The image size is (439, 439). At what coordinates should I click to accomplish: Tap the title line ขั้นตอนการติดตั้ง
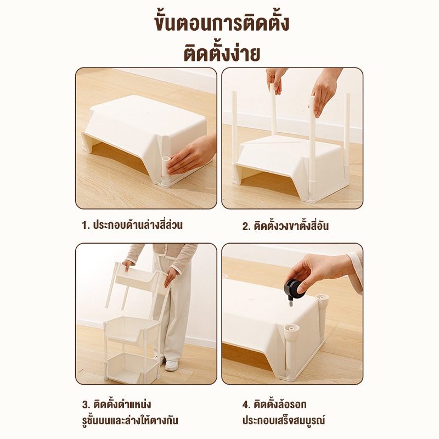pos(222,23)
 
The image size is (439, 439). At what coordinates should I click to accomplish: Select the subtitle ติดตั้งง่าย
pos(222,53)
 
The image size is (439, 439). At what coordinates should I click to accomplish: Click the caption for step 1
pos(132,225)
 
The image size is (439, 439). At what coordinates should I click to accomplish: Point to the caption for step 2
pos(285,226)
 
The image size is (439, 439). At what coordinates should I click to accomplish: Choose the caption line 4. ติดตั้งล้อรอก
pos(274,404)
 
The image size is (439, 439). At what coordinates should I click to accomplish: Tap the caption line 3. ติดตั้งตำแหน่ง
pos(116,404)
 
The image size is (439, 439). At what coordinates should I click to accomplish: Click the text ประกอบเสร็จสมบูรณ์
pos(284,420)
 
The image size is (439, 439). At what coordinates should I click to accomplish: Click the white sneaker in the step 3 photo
pos(171,365)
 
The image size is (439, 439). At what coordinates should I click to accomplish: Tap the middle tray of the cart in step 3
pos(133,330)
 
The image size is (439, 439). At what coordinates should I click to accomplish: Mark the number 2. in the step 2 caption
pos(246,226)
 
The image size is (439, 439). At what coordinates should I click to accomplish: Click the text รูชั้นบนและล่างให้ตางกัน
pos(130,420)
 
